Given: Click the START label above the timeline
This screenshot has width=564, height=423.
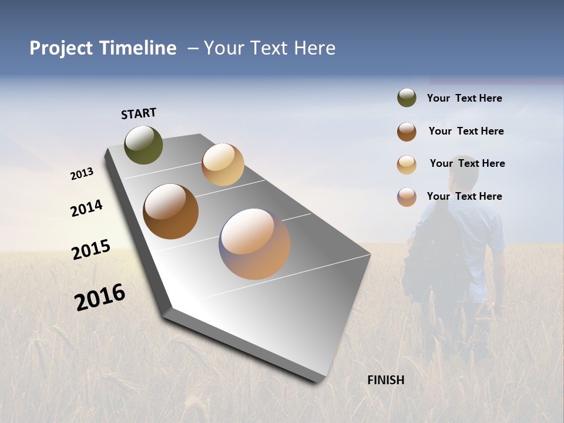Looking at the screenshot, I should tap(139, 113).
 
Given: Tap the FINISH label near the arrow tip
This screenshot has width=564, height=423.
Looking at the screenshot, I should tap(386, 380).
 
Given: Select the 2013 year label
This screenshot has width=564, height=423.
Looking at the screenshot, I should tap(82, 174).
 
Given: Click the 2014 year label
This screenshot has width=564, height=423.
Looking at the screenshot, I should tap(87, 208).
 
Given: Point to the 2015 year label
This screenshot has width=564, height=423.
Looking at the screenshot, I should tap(91, 250).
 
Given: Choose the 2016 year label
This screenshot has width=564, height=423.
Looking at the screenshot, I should tap(100, 297).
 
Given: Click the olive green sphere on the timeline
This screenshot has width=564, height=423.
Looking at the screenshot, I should tap(143, 145).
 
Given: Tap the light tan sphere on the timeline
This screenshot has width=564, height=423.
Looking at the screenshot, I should tap(223, 164).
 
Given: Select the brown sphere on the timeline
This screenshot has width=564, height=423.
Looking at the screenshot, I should tap(171, 211).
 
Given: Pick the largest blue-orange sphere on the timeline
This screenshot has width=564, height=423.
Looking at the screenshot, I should tap(254, 244).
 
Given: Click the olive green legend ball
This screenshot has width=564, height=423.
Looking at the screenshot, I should tap(407, 98).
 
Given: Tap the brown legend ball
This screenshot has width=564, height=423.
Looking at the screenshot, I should tap(407, 132).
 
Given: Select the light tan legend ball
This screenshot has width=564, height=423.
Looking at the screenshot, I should tap(407, 164).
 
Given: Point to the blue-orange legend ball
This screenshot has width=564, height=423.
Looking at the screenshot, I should tap(407, 197).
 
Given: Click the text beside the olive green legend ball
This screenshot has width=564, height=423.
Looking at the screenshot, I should tap(465, 99).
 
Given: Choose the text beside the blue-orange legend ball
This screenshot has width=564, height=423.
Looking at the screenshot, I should tap(465, 196).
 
